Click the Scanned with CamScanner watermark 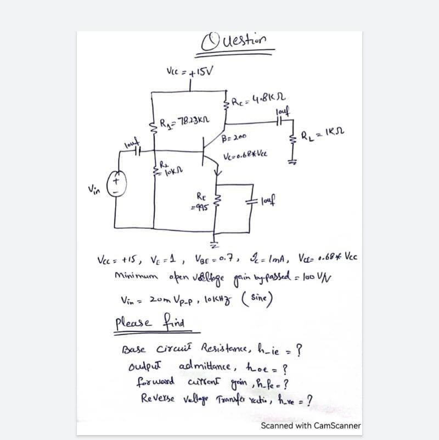pos(311,425)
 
